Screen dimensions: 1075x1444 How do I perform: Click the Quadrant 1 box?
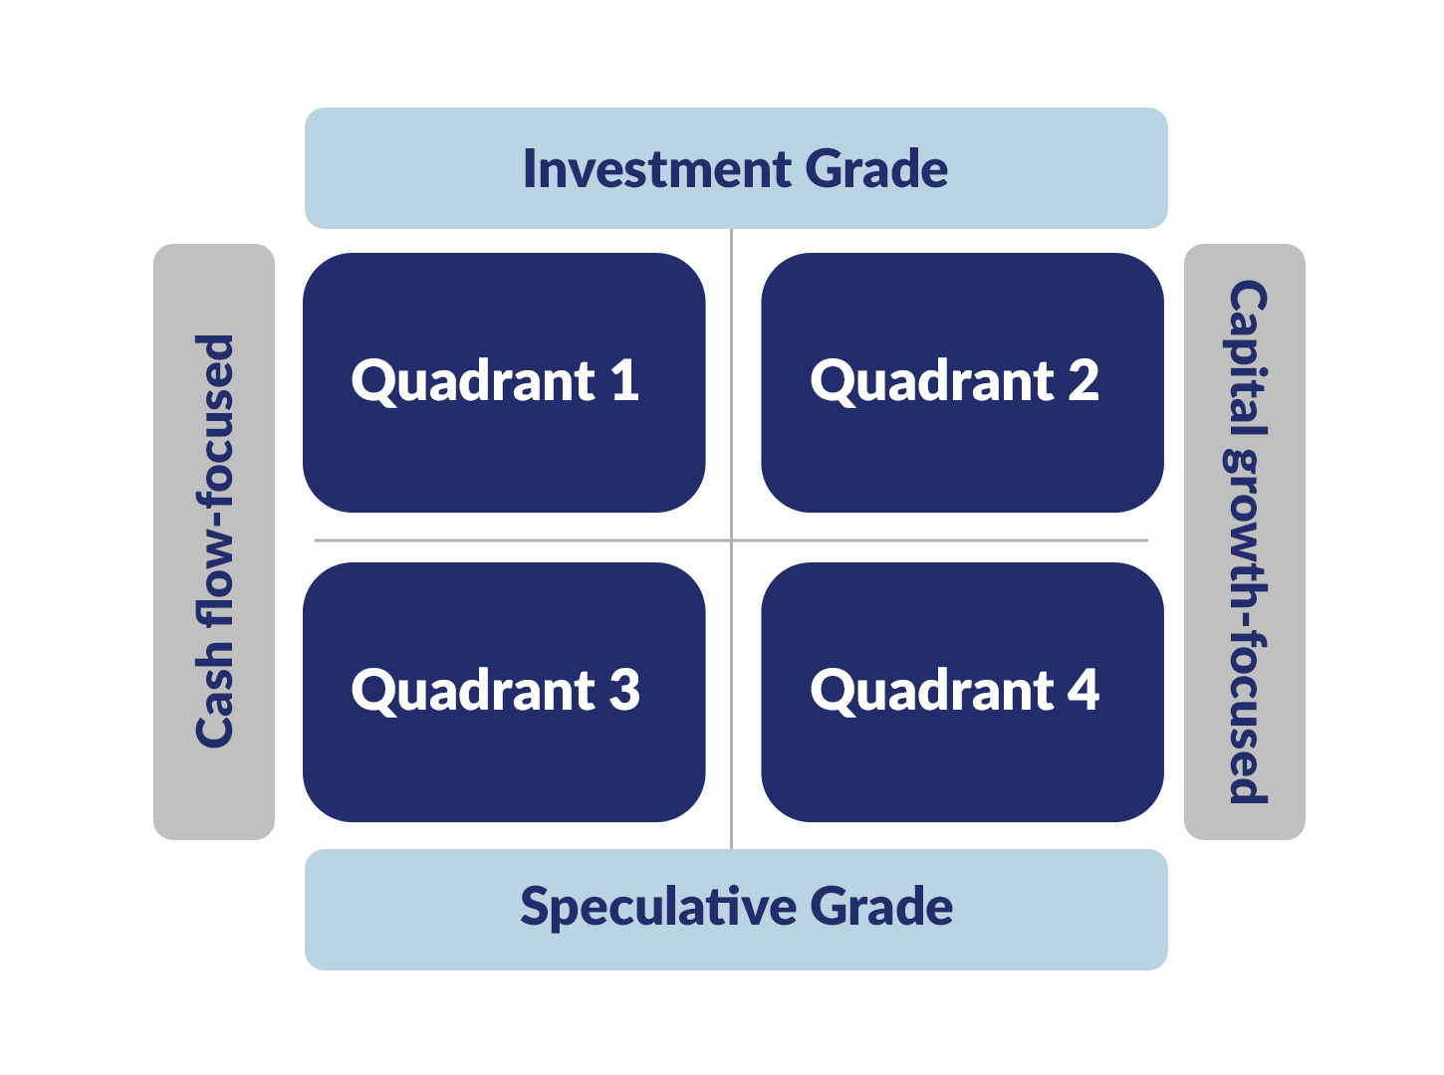coord(504,383)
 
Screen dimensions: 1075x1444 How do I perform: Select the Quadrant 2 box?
coord(962,383)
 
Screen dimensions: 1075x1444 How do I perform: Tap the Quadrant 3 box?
coord(504,692)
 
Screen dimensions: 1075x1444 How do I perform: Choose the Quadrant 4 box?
coord(962,692)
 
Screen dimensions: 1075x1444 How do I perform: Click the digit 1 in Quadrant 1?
coord(624,381)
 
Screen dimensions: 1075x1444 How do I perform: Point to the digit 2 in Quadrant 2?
coord(1083,381)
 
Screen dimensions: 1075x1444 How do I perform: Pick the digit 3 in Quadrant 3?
coord(624,690)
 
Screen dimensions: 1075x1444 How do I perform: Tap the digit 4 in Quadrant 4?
coord(1083,690)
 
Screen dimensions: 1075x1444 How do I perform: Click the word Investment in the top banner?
coord(657,169)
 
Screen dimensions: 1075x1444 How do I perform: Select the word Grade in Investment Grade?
coord(876,169)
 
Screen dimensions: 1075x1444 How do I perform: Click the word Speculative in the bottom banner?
coord(658,908)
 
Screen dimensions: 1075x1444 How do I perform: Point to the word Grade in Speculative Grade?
coord(881,908)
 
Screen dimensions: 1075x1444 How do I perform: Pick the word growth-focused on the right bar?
coord(1246,624)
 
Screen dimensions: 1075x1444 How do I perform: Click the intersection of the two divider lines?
coord(732,540)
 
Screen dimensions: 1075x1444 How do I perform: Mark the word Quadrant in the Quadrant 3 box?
coord(473,690)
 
